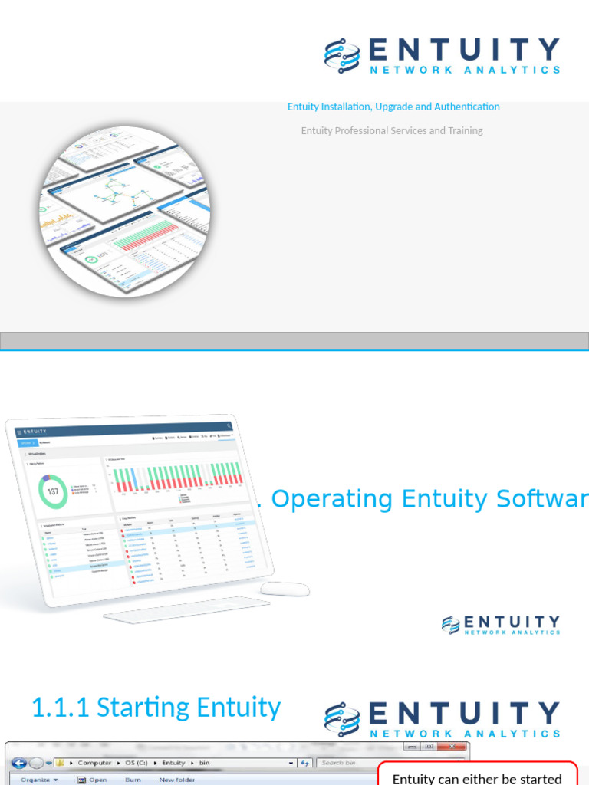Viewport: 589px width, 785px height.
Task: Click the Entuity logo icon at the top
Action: click(342, 55)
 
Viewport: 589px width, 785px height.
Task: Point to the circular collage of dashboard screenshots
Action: click(125, 211)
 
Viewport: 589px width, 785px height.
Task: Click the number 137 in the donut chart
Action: click(53, 491)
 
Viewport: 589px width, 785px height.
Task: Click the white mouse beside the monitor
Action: click(285, 589)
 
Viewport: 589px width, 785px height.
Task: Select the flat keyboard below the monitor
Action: click(186, 609)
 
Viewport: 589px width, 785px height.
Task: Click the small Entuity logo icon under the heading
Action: click(451, 625)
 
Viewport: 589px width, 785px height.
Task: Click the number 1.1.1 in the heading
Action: click(60, 707)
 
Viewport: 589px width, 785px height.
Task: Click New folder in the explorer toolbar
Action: click(177, 780)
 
